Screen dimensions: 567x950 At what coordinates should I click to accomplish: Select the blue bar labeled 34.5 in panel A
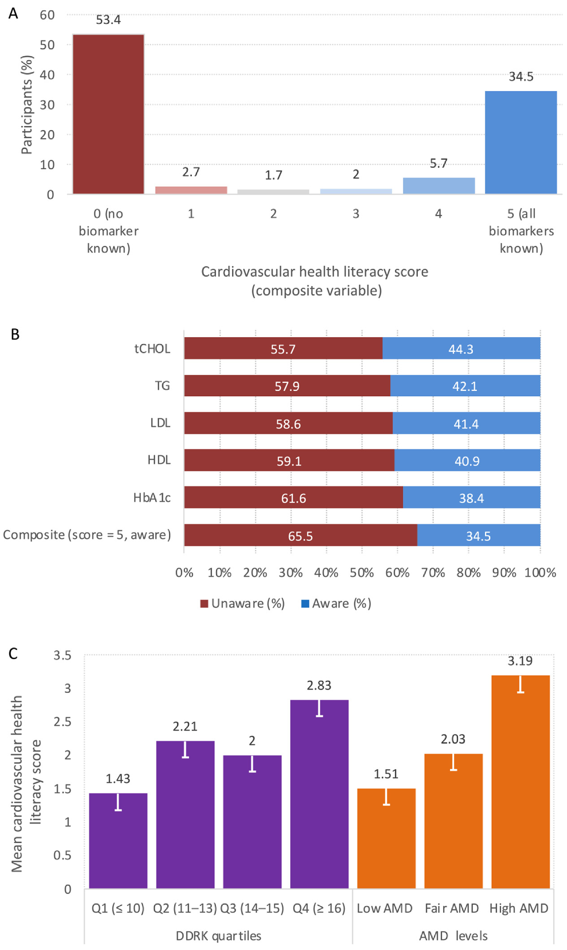coord(521,142)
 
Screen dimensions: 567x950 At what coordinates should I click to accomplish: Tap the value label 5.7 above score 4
coord(439,164)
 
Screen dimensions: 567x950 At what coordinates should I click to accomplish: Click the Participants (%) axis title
coord(27,105)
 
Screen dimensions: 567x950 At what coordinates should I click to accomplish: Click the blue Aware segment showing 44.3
coord(461,348)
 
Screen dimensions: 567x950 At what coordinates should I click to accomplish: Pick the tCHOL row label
coord(152,349)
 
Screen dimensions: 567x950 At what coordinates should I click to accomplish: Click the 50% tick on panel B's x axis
coord(362,572)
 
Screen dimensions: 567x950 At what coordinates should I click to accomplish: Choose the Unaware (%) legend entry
coord(243,603)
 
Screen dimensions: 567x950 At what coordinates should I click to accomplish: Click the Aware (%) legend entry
coord(336,603)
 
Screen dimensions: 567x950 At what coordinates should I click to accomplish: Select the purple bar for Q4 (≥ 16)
coord(319,794)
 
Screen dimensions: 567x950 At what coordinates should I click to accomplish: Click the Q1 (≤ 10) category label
coord(118,908)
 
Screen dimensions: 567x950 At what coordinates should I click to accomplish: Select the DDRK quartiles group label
coord(219,936)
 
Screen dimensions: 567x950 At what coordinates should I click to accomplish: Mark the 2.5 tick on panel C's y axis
coord(62,722)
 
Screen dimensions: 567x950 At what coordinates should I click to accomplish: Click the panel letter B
coord(15,335)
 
